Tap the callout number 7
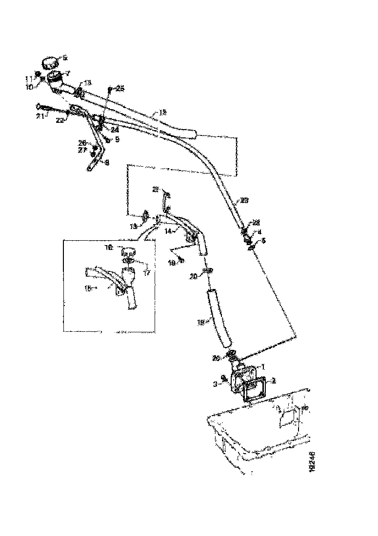click(x=68, y=73)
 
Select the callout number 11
click(x=29, y=77)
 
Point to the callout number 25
click(x=120, y=88)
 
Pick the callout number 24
click(x=115, y=130)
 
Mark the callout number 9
click(x=117, y=139)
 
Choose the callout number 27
click(x=82, y=151)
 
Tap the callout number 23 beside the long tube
click(x=244, y=200)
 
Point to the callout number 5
click(x=264, y=240)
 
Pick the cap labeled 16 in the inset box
click(x=128, y=253)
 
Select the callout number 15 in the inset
click(x=89, y=288)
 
